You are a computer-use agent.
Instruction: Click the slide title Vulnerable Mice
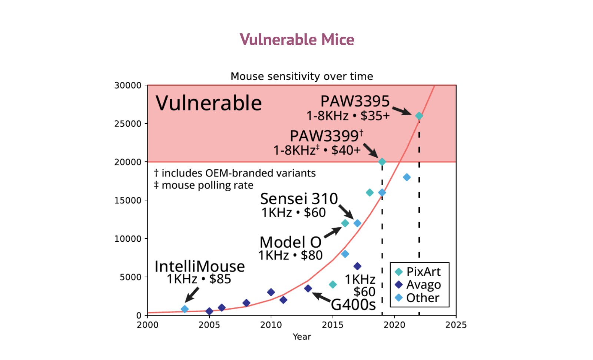(297, 40)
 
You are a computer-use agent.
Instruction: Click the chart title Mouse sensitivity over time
(302, 76)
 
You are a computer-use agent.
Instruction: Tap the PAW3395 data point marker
(419, 116)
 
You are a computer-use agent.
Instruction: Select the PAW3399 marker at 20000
(382, 162)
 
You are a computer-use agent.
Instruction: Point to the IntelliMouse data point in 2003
(185, 309)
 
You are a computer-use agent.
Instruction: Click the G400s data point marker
(308, 288)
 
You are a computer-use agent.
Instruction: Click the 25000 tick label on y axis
(128, 124)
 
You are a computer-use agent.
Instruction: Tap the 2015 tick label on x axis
(332, 325)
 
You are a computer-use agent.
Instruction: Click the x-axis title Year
(302, 337)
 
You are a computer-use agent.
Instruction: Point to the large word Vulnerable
(209, 103)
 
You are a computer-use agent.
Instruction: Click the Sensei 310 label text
(299, 199)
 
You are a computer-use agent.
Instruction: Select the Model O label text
(290, 242)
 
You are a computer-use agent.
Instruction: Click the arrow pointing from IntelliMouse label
(192, 295)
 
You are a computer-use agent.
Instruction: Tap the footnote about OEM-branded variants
(235, 173)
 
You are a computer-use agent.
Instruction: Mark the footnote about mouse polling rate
(204, 185)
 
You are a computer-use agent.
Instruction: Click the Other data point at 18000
(407, 178)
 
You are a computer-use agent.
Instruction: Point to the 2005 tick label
(209, 325)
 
